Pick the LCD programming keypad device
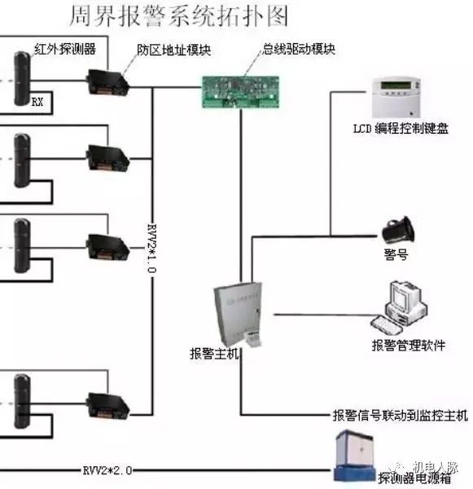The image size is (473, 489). coord(394,96)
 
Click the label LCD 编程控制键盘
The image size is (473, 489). coord(400,128)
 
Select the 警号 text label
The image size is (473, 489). coord(396,254)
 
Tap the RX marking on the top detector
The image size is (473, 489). coord(37,102)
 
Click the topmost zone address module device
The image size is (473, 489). coord(106,80)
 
